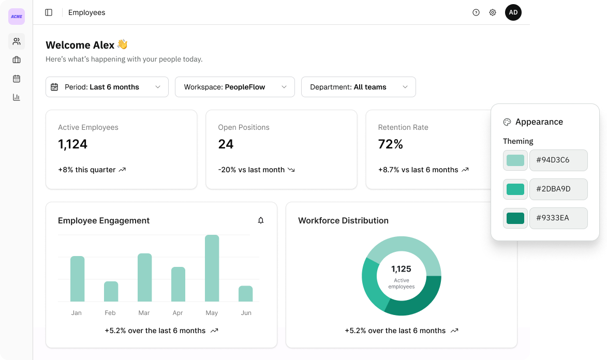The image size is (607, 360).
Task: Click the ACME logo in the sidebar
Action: tap(17, 17)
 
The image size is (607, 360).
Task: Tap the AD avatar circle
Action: tap(513, 12)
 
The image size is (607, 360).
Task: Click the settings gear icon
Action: tap(493, 12)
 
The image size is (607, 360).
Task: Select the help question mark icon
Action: tap(476, 12)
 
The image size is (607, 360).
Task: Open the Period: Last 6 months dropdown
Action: tap(107, 87)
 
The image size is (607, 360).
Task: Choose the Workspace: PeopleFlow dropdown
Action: tap(234, 87)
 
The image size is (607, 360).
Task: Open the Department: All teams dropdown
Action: tap(358, 87)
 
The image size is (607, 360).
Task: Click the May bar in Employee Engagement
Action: tap(212, 268)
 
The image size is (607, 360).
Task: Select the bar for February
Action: tap(111, 292)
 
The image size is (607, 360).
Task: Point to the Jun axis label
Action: tap(246, 313)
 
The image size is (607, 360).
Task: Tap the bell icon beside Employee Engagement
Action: tap(260, 220)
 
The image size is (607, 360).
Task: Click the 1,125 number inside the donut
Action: tap(401, 268)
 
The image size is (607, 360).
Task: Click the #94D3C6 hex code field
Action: tap(558, 160)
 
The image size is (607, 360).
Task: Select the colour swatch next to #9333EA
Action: tap(515, 218)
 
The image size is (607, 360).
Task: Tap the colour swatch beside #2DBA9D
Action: tap(515, 189)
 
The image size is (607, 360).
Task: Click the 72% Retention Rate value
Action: tap(390, 144)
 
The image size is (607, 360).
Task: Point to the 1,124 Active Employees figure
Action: tap(73, 144)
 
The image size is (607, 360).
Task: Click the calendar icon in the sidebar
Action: tap(17, 79)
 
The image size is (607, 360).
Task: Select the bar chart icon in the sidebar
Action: tap(17, 97)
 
